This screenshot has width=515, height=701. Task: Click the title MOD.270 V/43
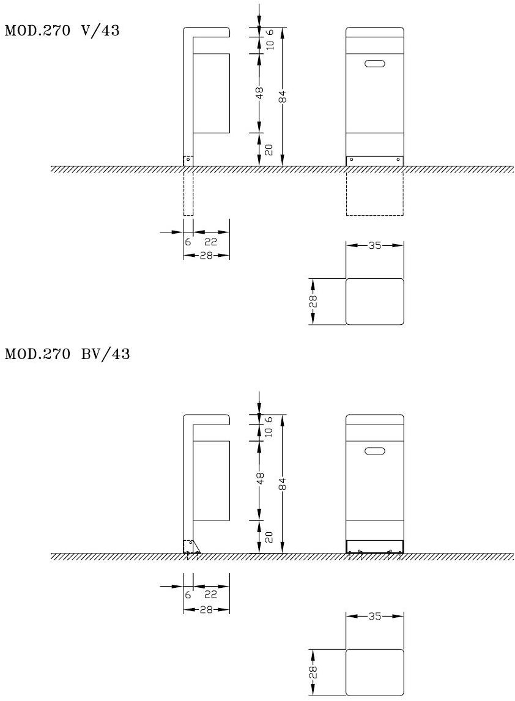point(62,31)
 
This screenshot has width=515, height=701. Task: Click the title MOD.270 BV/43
point(67,354)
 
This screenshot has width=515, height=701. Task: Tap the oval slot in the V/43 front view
point(374,64)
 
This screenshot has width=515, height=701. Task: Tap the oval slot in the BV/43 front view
point(374,451)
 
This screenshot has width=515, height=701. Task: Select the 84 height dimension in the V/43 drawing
point(282,96)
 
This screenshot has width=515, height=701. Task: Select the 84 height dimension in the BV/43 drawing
point(282,484)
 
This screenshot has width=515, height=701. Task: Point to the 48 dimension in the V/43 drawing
point(259,93)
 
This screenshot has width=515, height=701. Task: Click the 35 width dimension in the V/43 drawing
point(374,245)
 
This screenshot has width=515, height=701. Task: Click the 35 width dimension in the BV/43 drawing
point(374,616)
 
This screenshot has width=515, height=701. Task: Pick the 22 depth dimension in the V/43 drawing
point(210,242)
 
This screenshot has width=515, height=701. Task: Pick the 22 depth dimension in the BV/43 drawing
point(210,595)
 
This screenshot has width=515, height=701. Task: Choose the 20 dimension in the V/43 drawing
point(269,149)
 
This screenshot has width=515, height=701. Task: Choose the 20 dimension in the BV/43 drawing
point(269,537)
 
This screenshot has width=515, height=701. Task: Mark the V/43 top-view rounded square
point(374,302)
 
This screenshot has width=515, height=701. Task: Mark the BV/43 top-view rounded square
point(374,672)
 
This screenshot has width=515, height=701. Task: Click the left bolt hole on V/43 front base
point(351,159)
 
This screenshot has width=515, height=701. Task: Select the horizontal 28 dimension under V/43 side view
point(206,255)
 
